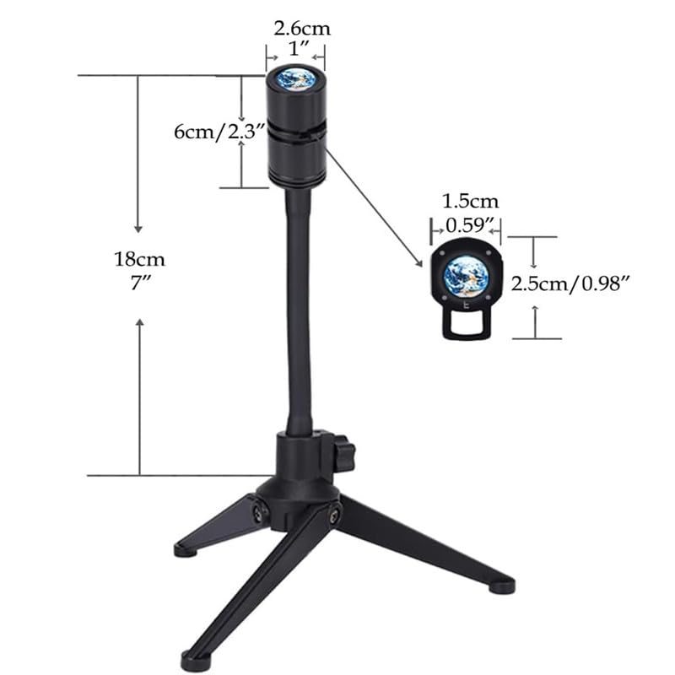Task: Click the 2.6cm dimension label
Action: pos(302,29)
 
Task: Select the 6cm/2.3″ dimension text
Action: pos(219,132)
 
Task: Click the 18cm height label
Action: pos(139,260)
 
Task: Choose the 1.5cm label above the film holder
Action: pos(471,202)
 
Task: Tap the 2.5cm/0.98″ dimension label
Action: pos(571,284)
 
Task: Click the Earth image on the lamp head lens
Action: pos(296,79)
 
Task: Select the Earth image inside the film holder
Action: pos(467,277)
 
